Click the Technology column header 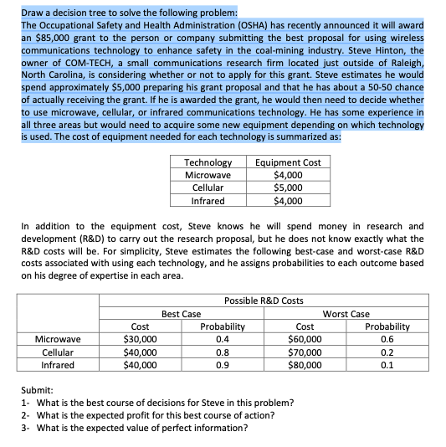208,162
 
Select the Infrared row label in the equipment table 208,201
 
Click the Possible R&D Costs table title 264,301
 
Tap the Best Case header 181,314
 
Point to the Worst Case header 346,314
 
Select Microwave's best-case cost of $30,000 140,339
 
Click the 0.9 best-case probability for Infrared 222,365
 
